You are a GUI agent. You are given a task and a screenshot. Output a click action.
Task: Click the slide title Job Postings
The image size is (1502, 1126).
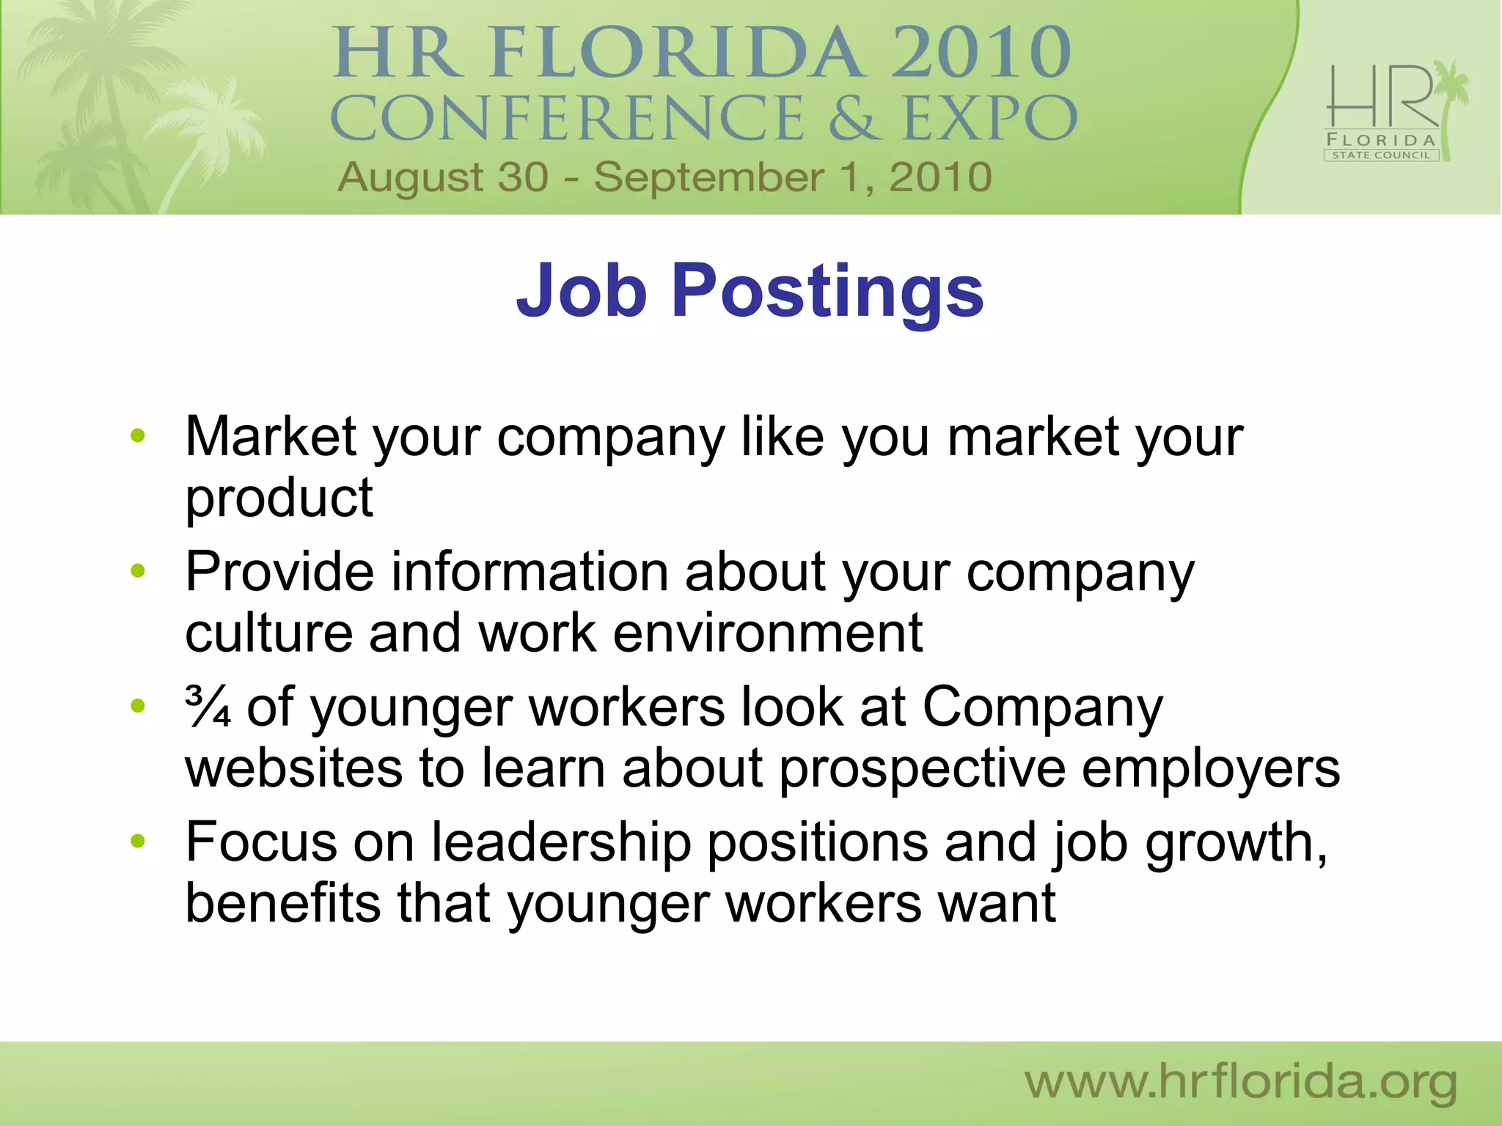pyautogui.click(x=750, y=292)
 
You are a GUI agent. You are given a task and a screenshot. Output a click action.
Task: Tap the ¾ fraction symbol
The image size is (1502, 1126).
pyautogui.click(x=208, y=707)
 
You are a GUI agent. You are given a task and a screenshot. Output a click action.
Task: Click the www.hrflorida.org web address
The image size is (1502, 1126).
pyautogui.click(x=1240, y=1083)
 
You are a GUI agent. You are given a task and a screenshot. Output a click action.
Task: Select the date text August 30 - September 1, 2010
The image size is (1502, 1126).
pyautogui.click(x=664, y=178)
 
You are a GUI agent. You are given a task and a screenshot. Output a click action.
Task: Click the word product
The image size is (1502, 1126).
pyautogui.click(x=279, y=498)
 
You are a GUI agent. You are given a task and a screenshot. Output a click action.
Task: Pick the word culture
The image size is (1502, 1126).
pyautogui.click(x=268, y=633)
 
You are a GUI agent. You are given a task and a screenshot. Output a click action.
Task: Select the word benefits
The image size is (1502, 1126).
pyautogui.click(x=283, y=903)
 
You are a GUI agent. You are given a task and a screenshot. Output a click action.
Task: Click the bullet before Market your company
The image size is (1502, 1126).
pyautogui.click(x=137, y=437)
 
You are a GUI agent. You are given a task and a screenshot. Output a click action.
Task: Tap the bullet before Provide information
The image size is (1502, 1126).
pyautogui.click(x=137, y=571)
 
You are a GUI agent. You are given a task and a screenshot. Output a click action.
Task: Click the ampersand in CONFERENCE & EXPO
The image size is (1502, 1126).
pyautogui.click(x=854, y=118)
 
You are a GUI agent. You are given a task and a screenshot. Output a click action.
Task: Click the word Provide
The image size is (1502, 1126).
pyautogui.click(x=279, y=572)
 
